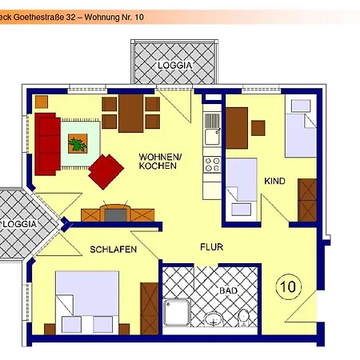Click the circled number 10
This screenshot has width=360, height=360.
(288, 285)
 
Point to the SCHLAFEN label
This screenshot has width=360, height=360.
(113, 250)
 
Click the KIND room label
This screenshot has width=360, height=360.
(274, 182)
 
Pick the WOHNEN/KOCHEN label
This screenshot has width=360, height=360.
(160, 162)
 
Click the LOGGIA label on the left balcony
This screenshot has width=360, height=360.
(18, 224)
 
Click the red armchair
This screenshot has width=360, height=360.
(106, 170)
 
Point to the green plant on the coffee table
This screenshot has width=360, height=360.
(78, 144)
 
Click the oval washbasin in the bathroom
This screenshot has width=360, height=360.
(214, 320)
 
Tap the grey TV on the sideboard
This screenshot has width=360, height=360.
(116, 214)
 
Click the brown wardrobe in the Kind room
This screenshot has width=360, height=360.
(308, 200)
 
